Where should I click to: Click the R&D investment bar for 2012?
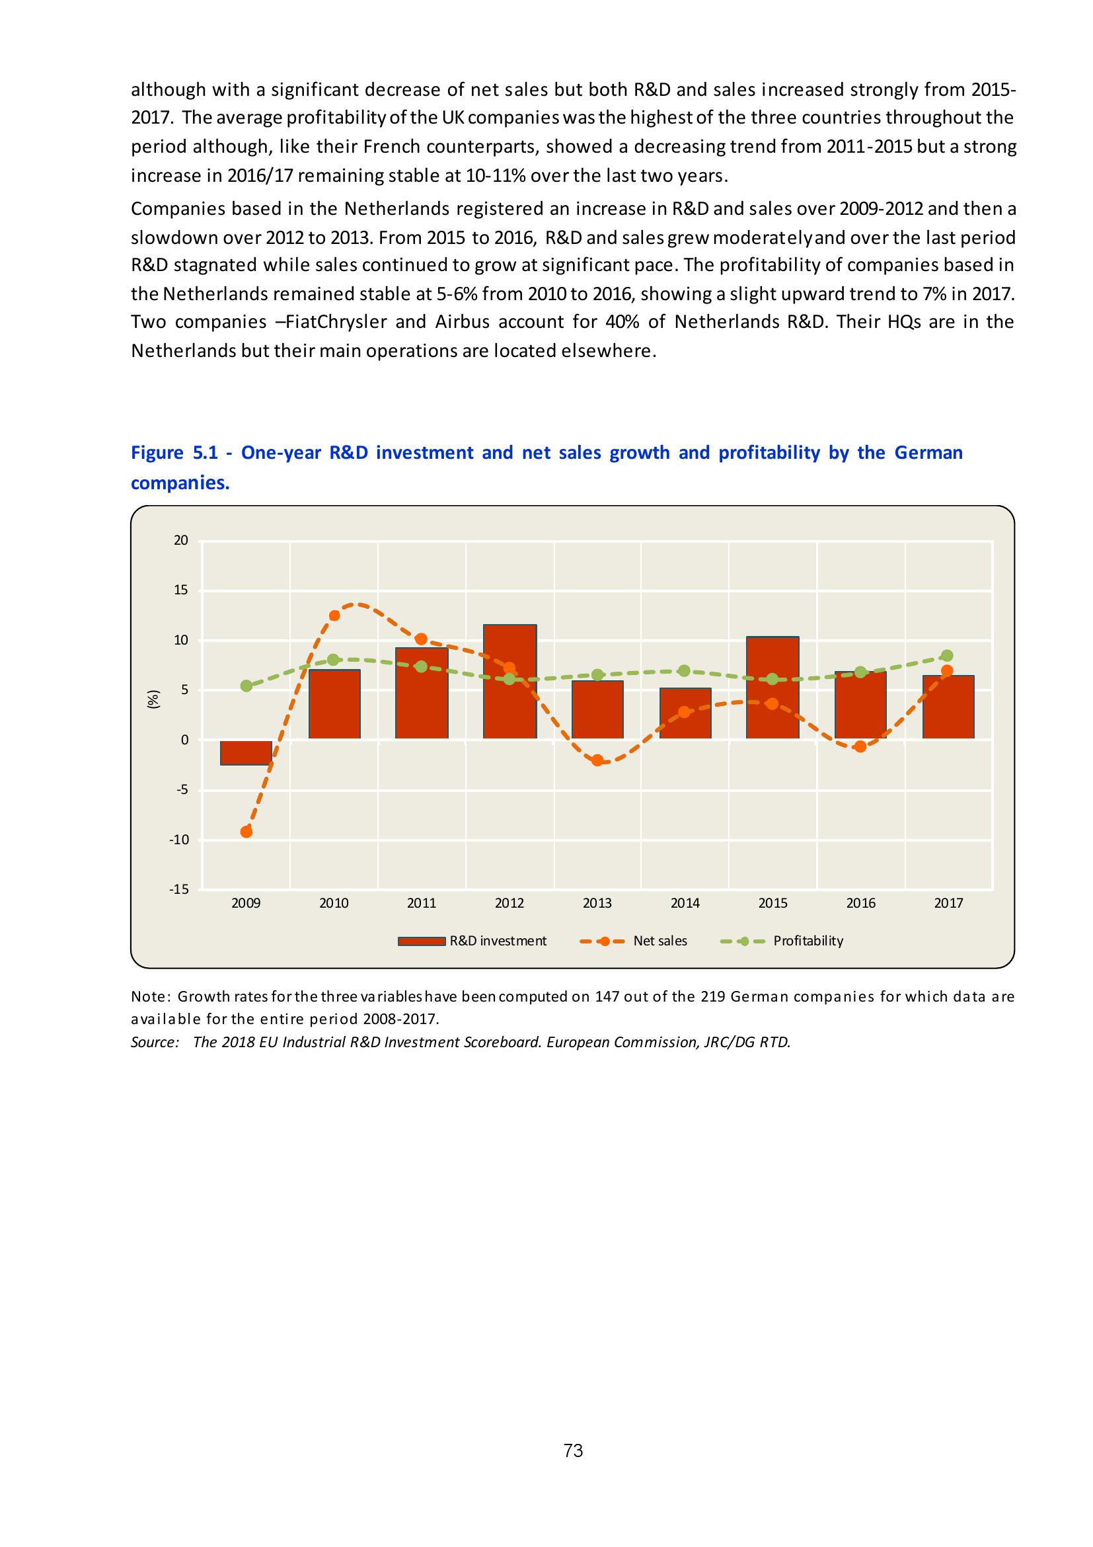point(509,681)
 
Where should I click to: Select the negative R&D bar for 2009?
point(246,752)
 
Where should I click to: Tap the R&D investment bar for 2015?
point(773,688)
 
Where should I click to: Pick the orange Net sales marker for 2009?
point(246,832)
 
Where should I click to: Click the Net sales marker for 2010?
point(334,615)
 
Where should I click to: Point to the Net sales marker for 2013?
point(597,760)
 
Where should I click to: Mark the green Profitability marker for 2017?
point(947,656)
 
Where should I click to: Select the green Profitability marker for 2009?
point(246,686)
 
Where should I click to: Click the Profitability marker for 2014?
point(684,670)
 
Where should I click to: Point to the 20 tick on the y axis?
point(180,540)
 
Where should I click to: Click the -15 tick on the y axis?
point(179,889)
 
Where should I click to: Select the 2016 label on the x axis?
point(860,904)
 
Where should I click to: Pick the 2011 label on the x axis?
point(422,904)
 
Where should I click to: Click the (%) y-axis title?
point(154,699)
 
